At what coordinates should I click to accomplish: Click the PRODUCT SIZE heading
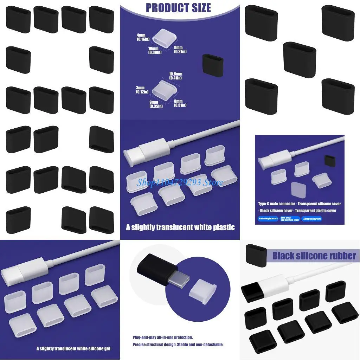[178, 8]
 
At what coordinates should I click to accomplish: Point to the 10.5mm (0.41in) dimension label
[175, 76]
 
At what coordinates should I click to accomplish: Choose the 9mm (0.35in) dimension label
[155, 103]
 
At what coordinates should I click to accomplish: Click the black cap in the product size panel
[212, 64]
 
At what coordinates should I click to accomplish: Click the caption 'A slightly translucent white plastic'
[180, 227]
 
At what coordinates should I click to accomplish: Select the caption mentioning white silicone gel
[73, 348]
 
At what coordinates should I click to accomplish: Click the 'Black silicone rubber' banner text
[314, 256]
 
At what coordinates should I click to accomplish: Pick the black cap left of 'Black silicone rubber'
[256, 255]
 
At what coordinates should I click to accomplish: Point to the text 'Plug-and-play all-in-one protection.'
[162, 337]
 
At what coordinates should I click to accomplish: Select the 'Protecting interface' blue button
[268, 219]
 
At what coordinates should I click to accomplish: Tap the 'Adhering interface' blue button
[311, 219]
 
